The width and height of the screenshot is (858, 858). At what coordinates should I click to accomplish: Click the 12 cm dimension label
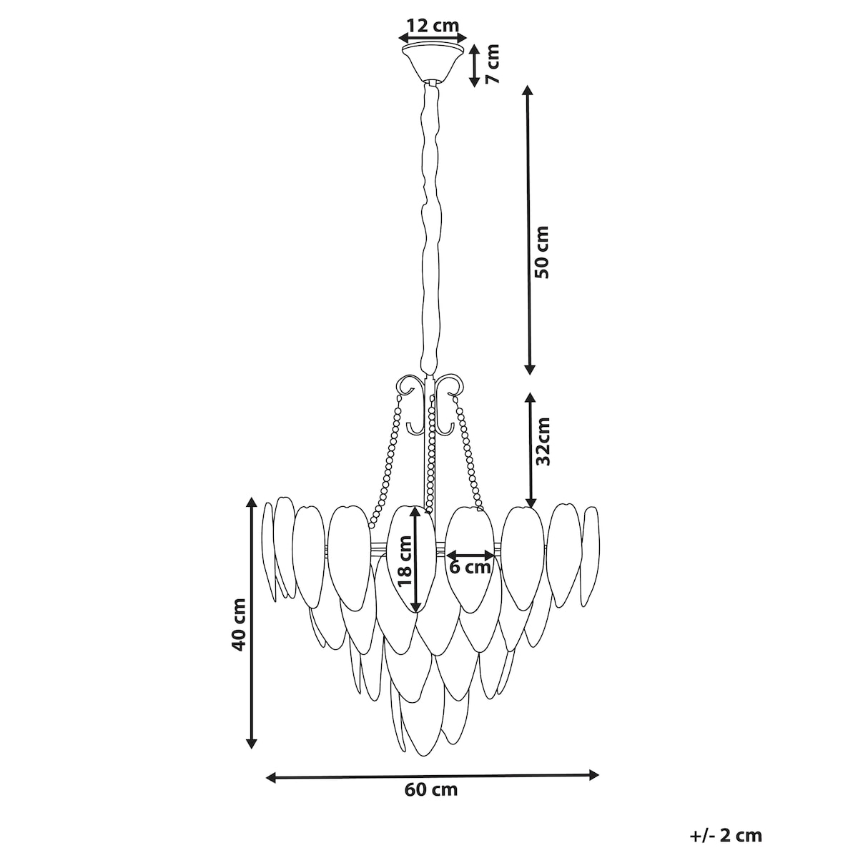click(433, 25)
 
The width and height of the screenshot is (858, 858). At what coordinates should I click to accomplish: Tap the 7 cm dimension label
click(492, 64)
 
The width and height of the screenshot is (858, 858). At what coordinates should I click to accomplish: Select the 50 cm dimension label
click(542, 252)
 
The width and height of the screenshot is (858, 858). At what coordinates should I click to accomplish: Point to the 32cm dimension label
click(543, 441)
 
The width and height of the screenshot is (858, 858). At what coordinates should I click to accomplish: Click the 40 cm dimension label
click(239, 625)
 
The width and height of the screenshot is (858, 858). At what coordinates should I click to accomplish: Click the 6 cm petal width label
click(470, 567)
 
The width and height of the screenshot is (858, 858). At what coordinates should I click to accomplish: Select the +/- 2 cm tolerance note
click(726, 835)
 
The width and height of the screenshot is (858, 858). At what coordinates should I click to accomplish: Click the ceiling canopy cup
click(431, 62)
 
